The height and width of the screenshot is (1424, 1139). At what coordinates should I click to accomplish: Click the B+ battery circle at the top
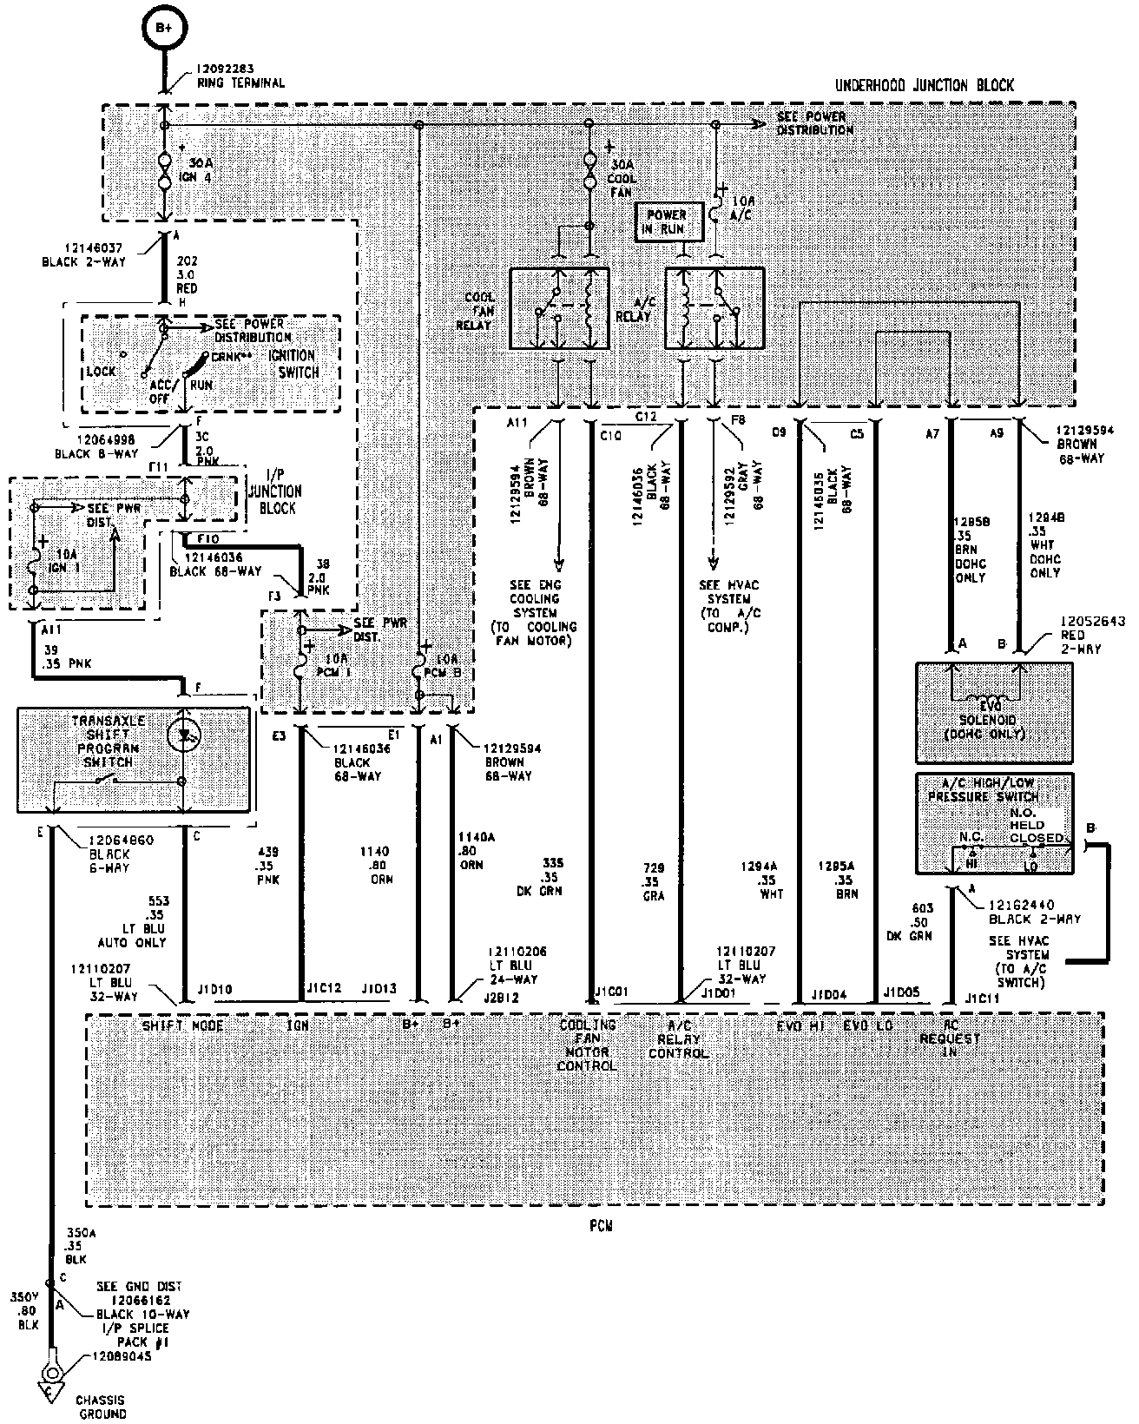164,29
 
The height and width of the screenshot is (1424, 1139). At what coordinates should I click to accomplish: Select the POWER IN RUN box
667,222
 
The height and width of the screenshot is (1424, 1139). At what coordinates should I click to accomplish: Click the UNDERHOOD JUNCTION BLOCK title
924,85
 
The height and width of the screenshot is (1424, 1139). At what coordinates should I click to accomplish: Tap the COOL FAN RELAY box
559,308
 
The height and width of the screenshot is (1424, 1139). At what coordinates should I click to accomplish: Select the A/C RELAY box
714,308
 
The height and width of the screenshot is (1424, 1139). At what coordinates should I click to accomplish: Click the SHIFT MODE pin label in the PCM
183,1025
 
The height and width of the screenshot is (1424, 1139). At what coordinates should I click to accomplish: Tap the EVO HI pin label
800,1025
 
